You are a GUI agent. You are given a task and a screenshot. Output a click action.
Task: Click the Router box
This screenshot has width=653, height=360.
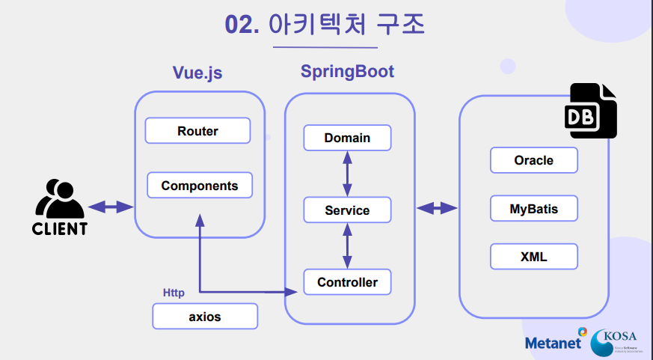[x=197, y=131]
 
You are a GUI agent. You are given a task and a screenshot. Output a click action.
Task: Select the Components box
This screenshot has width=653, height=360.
[x=200, y=186]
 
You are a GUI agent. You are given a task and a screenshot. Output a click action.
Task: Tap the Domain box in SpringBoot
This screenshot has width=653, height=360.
[x=347, y=138]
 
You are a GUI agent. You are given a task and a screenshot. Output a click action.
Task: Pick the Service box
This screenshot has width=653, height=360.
[x=347, y=210]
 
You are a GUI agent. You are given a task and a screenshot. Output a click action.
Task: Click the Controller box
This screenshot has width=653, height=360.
[x=347, y=282]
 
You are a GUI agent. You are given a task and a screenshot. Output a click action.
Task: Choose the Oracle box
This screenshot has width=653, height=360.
[x=533, y=160]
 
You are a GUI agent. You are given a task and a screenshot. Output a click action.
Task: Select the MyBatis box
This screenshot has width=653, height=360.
[x=533, y=209]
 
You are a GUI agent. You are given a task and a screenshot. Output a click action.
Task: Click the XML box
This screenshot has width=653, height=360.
[x=533, y=257]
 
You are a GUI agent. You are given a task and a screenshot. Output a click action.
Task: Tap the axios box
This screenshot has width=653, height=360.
[x=204, y=317]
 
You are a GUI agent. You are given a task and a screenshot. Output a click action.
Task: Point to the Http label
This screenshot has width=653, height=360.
[x=174, y=293]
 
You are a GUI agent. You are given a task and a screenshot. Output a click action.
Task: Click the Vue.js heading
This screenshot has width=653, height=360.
[x=197, y=73]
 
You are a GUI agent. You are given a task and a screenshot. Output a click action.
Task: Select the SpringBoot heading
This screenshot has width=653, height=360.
[x=347, y=72]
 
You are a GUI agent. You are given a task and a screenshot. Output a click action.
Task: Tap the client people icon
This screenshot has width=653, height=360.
[x=58, y=199]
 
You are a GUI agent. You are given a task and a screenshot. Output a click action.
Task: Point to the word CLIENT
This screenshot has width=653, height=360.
[x=59, y=229]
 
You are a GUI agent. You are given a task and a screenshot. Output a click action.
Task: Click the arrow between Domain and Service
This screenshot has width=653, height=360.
[x=346, y=174]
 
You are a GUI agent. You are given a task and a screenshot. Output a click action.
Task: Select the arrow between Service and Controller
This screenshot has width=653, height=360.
[x=346, y=246]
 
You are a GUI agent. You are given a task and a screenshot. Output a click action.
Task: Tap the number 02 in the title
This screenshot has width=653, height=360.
[x=242, y=25]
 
